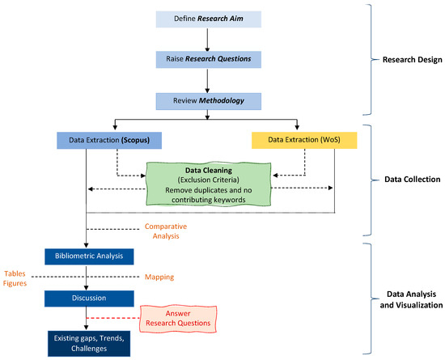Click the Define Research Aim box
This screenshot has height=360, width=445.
tap(209, 19)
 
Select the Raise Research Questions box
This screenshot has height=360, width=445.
tap(209, 59)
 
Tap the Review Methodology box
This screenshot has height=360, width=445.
tap(209, 101)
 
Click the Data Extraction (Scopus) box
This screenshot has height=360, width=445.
tap(109, 141)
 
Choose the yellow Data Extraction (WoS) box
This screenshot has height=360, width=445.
tap(304, 140)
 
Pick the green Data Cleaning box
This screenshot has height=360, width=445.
tap(209, 184)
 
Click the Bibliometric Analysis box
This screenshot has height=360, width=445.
tap(89, 256)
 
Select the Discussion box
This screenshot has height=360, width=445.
tap(89, 299)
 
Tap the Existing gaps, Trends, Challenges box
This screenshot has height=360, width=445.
tap(89, 344)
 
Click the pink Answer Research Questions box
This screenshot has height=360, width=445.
tap(178, 319)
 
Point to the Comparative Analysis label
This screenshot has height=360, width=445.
tap(166, 231)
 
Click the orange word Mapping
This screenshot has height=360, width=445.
tap(159, 277)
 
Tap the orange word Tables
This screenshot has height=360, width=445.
tap(15, 273)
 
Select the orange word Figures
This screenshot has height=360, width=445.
tap(15, 283)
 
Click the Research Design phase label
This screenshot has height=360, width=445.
tap(413, 60)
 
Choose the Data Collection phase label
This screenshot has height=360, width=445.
tap(413, 180)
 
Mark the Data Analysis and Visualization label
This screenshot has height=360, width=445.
tap(412, 299)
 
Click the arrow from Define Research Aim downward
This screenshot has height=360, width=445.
tap(207, 40)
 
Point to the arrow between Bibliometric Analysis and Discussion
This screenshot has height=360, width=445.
tap(87, 277)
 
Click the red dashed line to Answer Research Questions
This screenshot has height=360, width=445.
tap(113, 318)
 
